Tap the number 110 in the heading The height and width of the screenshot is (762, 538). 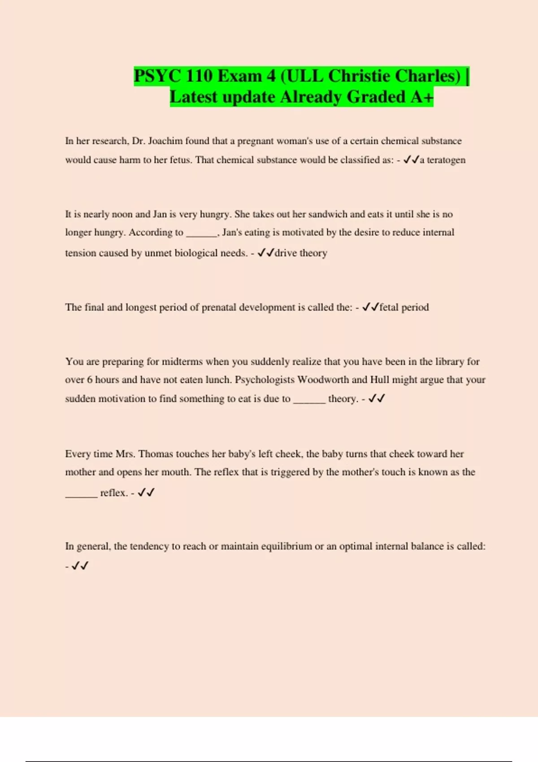[199, 76]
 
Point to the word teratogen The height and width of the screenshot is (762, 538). [446, 160]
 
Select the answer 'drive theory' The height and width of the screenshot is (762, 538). [301, 253]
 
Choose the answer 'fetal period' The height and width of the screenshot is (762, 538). [404, 307]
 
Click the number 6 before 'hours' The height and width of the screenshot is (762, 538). [90, 380]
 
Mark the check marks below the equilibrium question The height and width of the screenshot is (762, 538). [80, 566]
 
